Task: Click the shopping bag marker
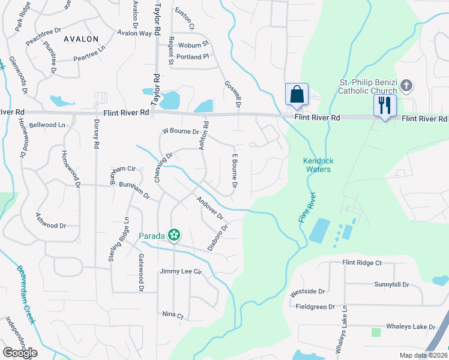coord(297,95)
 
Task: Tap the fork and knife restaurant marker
coord(384,106)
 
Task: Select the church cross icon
coord(406,85)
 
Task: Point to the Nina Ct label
coord(172,314)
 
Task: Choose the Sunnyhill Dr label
coord(391,284)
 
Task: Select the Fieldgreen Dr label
coord(316,307)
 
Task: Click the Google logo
coord(19,352)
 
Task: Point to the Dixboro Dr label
coord(218,237)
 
